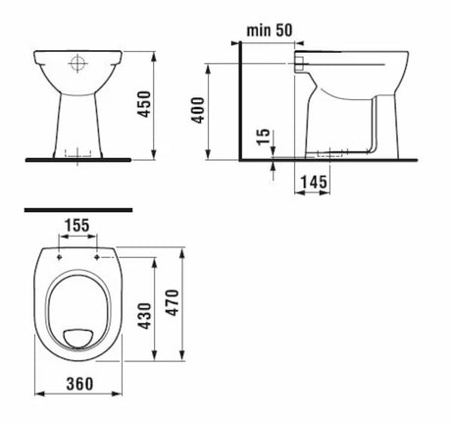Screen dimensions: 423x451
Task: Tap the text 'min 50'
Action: coord(272,29)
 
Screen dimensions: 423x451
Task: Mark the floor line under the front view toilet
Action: coord(77,157)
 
